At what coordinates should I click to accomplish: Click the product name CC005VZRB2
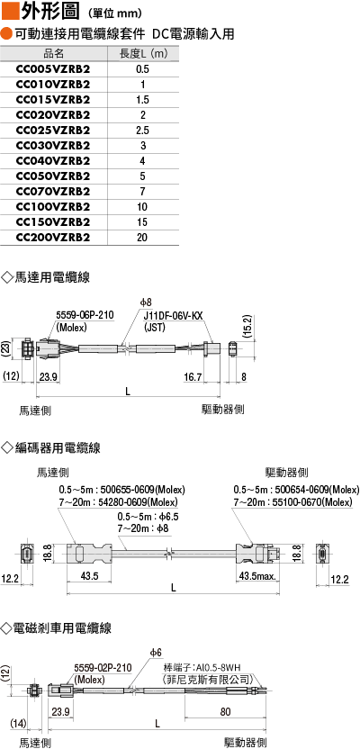pos(53,69)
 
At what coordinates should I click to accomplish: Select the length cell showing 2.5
pos(142,131)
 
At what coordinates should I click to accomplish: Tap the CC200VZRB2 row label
pos(53,238)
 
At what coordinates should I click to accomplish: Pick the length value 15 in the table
pos(142,222)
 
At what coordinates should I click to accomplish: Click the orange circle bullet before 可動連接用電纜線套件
pos(7,34)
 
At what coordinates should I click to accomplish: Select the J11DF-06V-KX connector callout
pos(174,316)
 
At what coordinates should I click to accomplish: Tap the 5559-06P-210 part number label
pos(85,316)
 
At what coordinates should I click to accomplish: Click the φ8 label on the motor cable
pos(146,302)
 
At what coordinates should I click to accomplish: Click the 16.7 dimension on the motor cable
pos(194,377)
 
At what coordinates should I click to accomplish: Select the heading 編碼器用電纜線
pos(51,447)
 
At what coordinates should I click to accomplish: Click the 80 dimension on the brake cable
pos(226,712)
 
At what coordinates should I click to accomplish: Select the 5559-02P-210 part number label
pos(103,668)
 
